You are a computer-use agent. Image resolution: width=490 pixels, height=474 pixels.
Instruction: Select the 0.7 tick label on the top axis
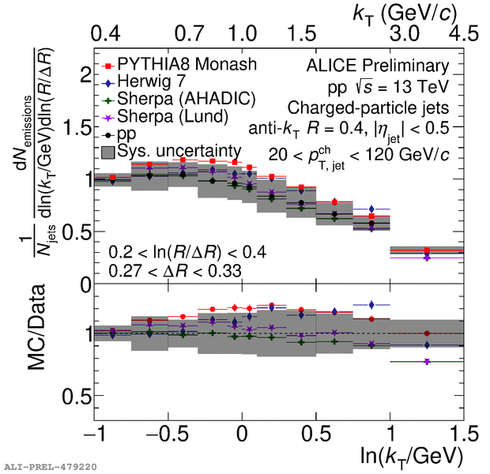pyautogui.click(x=190, y=34)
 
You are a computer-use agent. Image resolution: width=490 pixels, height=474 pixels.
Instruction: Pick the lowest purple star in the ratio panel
pyautogui.click(x=427, y=361)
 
